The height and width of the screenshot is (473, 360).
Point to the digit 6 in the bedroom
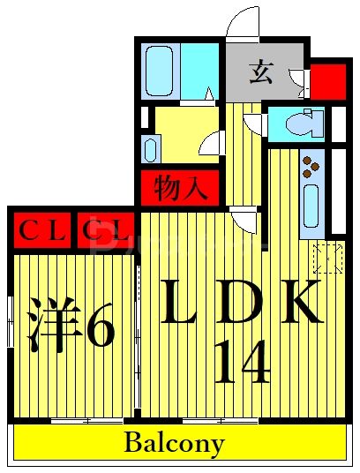pos(99,328)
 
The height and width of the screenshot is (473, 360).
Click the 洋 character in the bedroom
pos(49,328)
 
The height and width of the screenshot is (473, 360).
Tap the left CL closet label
pos(41,232)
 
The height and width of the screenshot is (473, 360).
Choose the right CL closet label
pos(106,232)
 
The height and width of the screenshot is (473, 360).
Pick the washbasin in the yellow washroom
pos(149,147)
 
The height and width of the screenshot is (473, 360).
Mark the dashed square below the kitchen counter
pos(327,258)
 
